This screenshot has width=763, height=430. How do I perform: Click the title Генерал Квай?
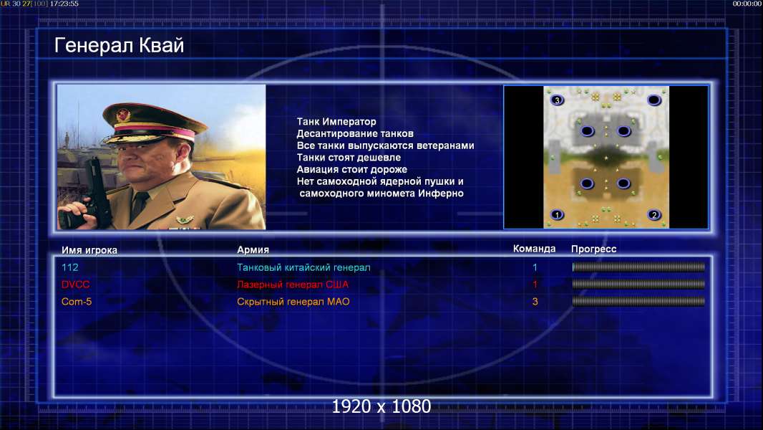point(120,46)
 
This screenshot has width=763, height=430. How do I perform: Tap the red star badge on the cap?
point(122,115)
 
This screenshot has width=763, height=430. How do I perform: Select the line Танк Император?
point(336,122)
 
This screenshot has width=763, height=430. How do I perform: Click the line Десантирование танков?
point(355,133)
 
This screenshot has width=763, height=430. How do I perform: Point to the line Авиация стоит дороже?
point(352,169)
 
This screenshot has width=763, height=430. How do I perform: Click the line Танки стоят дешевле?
point(349,157)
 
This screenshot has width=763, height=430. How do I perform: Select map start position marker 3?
point(557,100)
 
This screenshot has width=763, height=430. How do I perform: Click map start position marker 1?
point(557,214)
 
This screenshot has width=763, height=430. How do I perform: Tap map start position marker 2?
point(654,214)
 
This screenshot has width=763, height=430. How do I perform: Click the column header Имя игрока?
point(89,250)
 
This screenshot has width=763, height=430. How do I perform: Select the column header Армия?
point(253,250)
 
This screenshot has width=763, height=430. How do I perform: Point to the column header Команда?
point(534,249)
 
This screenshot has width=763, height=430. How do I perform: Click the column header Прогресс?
point(593,249)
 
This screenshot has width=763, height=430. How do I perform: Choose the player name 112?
point(69,267)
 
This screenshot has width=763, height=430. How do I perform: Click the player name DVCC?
point(75,285)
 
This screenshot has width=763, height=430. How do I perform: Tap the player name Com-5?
point(77,302)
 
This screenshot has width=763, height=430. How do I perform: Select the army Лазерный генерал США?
point(293,285)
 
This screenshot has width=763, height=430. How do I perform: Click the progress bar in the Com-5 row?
point(638,302)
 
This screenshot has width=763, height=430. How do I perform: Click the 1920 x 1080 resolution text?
point(381,406)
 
